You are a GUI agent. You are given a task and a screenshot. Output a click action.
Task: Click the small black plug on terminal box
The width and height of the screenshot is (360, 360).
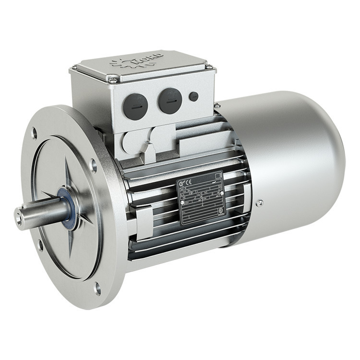click(x=193, y=96)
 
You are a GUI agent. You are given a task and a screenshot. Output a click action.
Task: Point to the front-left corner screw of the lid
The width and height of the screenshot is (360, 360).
click(x=112, y=80)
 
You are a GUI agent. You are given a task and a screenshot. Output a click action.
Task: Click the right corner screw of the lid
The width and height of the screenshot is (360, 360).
click(x=209, y=66)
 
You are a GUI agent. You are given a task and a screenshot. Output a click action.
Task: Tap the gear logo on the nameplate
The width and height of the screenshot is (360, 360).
click(x=181, y=184)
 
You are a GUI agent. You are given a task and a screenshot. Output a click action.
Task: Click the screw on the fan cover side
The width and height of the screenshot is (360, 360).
click(x=260, y=204)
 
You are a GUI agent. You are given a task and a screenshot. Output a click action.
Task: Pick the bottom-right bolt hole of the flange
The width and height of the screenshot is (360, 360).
click(x=97, y=288)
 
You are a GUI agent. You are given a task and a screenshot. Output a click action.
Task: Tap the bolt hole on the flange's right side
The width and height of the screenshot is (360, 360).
click(x=94, y=166)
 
